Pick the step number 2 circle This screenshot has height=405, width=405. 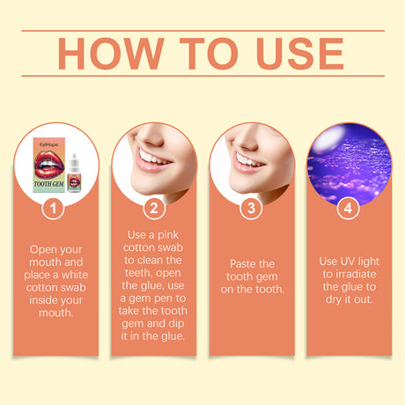[x=154, y=210]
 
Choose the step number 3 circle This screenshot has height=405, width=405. [x=251, y=210]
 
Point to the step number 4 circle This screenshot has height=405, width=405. [x=349, y=210]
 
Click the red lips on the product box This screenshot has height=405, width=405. [x=48, y=159]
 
